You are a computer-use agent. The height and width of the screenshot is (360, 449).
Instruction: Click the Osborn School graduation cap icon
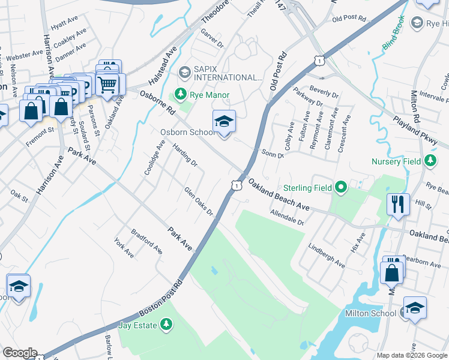point(224,122)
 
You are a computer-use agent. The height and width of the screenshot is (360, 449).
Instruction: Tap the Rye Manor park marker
point(179,94)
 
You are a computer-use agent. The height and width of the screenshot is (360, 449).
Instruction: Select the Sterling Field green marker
point(341,188)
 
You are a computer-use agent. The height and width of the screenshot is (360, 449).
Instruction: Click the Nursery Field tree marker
point(430,161)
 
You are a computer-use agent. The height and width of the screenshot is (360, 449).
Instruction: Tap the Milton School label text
point(370,313)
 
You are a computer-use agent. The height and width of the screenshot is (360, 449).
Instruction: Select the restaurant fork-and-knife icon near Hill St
point(398,204)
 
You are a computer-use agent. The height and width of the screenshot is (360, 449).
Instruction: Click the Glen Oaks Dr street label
point(199,201)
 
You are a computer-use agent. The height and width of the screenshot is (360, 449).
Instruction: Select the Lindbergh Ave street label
point(327,255)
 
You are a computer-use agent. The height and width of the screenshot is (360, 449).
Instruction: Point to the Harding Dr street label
point(184,154)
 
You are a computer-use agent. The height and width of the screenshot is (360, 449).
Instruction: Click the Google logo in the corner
point(19,353)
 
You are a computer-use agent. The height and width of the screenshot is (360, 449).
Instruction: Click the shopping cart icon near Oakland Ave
point(107,85)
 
